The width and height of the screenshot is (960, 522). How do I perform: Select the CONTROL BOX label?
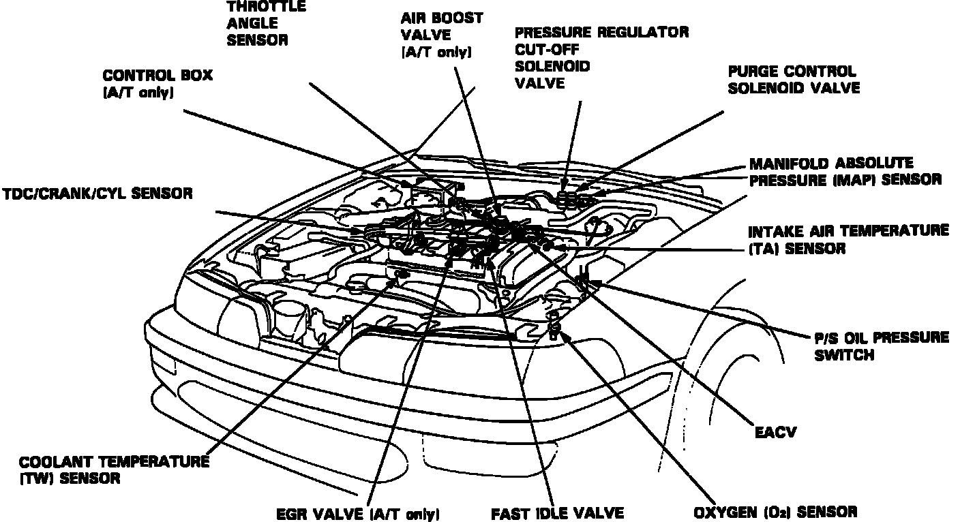(x=157, y=82)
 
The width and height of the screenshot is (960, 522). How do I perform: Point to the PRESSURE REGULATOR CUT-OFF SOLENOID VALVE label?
(x=601, y=58)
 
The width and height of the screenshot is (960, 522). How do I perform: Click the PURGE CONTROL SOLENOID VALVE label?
(x=794, y=80)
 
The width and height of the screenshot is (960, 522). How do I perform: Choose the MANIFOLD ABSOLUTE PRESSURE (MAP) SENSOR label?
(x=845, y=172)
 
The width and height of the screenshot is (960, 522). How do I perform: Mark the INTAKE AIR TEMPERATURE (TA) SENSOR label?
(x=847, y=239)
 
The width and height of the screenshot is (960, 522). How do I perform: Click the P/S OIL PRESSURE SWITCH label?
(x=881, y=346)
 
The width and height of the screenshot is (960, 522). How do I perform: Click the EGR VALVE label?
(x=358, y=512)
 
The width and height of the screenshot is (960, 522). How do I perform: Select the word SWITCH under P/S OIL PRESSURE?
(x=843, y=354)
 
